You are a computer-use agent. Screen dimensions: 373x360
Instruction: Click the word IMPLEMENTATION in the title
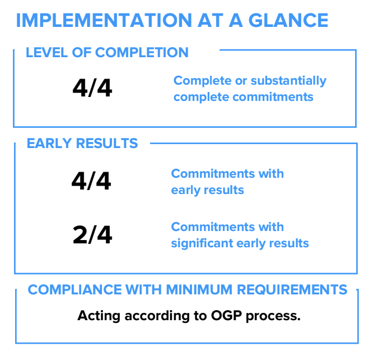pyautogui.click(x=104, y=20)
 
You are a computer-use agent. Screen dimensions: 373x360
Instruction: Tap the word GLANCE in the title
pyautogui.click(x=288, y=20)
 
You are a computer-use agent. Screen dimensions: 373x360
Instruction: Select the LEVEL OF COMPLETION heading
pyautogui.click(x=107, y=52)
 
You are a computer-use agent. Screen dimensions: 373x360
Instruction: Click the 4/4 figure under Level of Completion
pyautogui.click(x=92, y=88)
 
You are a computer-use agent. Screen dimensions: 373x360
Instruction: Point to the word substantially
pyautogui.click(x=288, y=81)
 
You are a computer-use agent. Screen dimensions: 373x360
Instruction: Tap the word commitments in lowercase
pyautogui.click(x=273, y=97)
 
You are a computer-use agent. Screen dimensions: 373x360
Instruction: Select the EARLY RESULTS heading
pyautogui.click(x=82, y=144)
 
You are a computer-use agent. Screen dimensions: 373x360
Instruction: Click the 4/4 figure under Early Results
pyautogui.click(x=91, y=181)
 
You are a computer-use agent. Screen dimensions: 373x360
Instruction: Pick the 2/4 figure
pyautogui.click(x=92, y=235)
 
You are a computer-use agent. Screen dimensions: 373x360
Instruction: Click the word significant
pyautogui.click(x=202, y=243)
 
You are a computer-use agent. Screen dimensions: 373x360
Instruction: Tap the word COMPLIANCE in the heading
pyautogui.click(x=74, y=290)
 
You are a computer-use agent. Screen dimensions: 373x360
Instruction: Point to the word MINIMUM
pyautogui.click(x=199, y=290)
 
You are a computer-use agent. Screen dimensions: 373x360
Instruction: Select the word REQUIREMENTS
pyautogui.click(x=292, y=290)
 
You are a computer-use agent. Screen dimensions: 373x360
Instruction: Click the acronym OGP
pyautogui.click(x=226, y=316)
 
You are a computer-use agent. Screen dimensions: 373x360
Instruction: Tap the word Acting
pyautogui.click(x=99, y=316)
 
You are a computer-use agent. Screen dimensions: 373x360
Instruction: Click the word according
pyautogui.click(x=157, y=316)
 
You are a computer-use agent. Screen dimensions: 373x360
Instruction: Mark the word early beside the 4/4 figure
pyautogui.click(x=185, y=190)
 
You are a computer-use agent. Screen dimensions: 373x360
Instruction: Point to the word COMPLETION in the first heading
pyautogui.click(x=142, y=52)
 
